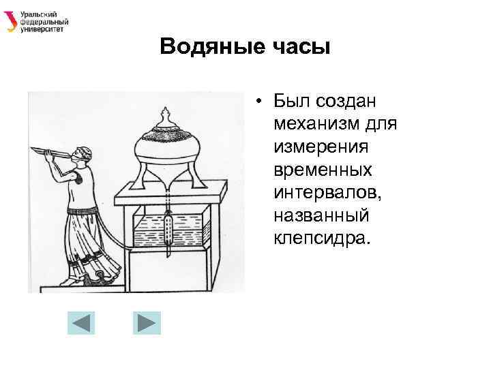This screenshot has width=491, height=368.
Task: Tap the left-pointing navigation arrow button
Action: (x=80, y=322)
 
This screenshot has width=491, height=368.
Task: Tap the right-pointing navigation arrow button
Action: (x=145, y=322)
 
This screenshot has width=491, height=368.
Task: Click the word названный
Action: (x=321, y=215)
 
